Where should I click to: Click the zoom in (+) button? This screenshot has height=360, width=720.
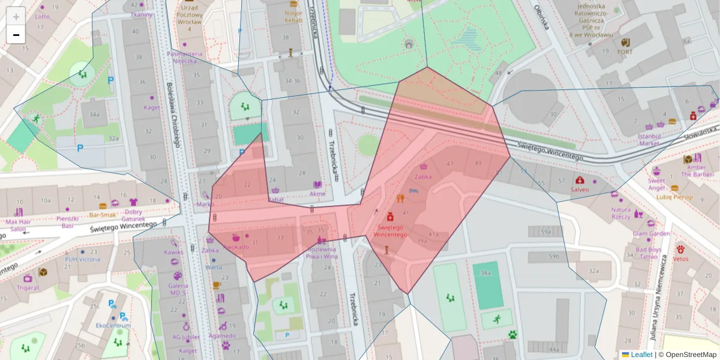[x=16, y=16]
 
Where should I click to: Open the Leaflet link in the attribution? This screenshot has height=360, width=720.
[x=641, y=355]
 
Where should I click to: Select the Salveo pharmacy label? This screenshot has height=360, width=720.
[x=580, y=190]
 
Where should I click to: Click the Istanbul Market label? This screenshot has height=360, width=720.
[x=649, y=140]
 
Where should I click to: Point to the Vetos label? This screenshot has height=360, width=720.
[x=680, y=259]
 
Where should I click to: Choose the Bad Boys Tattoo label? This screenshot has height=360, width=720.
[x=648, y=253]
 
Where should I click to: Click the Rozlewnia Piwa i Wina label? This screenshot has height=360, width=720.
[x=322, y=253]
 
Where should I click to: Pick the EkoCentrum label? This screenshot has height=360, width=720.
[x=113, y=325]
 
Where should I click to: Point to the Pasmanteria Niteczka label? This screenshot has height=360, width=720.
[x=184, y=57]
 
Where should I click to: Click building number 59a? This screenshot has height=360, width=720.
[x=545, y=231]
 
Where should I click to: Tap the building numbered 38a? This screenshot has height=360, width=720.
[x=485, y=273]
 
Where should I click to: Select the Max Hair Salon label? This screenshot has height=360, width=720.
[x=17, y=225]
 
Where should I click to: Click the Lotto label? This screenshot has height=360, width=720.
[x=42, y=17]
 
